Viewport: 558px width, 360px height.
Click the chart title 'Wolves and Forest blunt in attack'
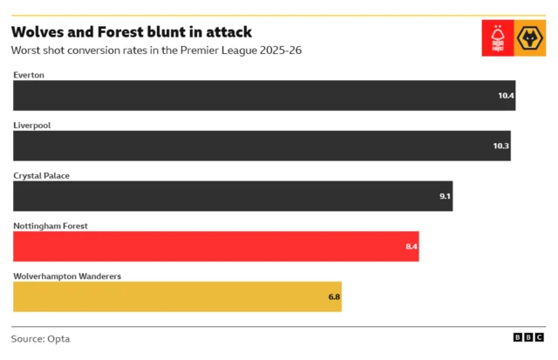click(132, 32)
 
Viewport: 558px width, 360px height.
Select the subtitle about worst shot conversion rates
click(156, 51)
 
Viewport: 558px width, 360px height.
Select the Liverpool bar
click(262, 146)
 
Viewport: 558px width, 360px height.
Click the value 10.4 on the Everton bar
click(506, 96)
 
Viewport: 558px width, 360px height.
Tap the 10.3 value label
click(500, 146)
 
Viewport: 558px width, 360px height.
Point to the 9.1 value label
click(445, 196)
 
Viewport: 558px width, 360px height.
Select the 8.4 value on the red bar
click(412, 247)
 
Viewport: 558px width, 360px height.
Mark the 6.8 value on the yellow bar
click(334, 297)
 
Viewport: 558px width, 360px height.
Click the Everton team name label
click(29, 75)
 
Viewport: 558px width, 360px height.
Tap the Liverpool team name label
click(32, 126)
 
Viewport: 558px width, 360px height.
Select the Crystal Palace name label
click(41, 175)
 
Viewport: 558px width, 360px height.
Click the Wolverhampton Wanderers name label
click(67, 276)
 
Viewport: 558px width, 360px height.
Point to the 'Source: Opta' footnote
click(40, 338)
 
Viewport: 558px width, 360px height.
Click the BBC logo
click(528, 338)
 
